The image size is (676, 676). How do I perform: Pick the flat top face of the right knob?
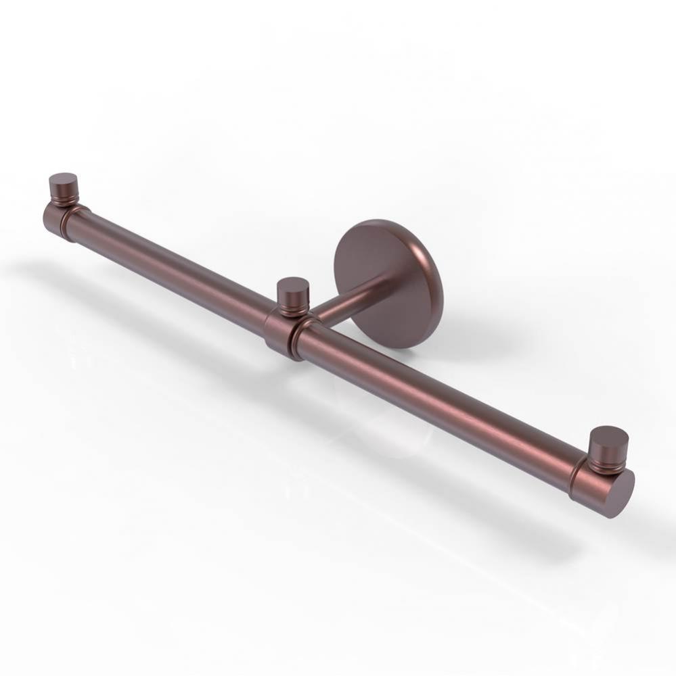point(609,434)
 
